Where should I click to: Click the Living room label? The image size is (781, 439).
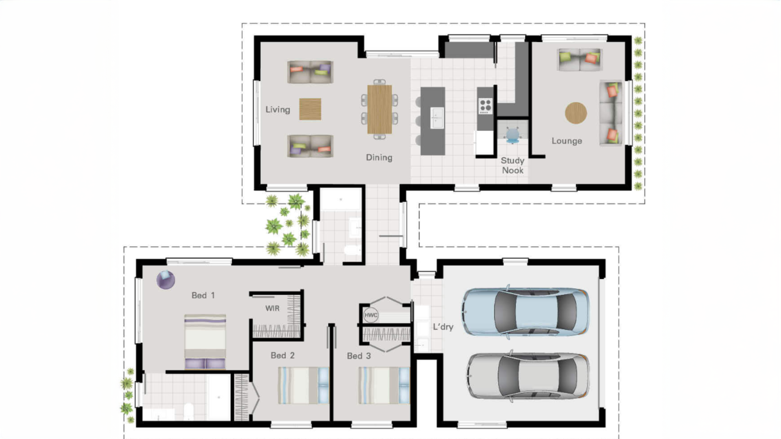click(278, 110)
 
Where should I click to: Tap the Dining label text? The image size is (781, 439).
click(379, 158)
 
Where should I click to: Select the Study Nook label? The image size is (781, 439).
click(513, 165)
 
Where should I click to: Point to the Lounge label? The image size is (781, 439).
click(567, 141)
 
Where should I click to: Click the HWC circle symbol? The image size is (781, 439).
click(371, 315)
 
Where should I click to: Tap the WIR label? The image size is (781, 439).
click(272, 309)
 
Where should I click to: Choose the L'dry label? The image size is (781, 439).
click(443, 327)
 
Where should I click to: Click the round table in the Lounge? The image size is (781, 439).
click(576, 113)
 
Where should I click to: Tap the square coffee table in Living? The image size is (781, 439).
click(310, 109)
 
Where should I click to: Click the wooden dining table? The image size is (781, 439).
click(380, 109)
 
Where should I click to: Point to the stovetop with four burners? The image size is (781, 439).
click(485, 106)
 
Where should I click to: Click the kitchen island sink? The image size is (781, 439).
click(437, 118)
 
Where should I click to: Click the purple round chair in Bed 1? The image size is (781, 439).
click(166, 280)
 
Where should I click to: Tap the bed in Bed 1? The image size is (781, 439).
click(205, 341)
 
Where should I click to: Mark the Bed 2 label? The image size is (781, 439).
click(283, 356)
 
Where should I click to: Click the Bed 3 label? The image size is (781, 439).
click(359, 356)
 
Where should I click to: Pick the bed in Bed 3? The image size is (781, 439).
click(384, 385)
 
